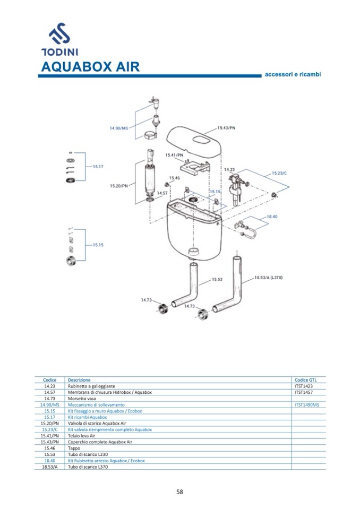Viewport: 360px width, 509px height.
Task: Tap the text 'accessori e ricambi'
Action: [x=293, y=74]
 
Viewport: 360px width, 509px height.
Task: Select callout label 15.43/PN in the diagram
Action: [x=227, y=128]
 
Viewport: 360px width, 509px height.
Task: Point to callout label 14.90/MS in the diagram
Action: [x=119, y=128]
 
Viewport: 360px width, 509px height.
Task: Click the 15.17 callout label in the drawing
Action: [x=98, y=166]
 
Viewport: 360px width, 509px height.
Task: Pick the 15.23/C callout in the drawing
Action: [x=279, y=173]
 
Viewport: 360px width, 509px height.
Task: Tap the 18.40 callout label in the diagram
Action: [x=272, y=217]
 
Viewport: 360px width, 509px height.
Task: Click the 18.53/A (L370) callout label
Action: [x=268, y=277]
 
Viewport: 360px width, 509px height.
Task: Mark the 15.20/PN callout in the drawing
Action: [x=119, y=186]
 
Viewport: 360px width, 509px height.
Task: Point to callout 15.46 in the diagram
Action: [x=175, y=178]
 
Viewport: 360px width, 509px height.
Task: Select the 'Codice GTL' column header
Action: [x=305, y=380]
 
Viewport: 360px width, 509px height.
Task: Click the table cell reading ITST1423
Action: [x=304, y=386]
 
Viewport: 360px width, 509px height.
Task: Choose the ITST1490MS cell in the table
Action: [x=306, y=404]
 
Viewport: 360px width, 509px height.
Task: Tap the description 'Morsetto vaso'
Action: [x=82, y=399]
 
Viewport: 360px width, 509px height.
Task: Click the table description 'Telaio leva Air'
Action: [x=81, y=435]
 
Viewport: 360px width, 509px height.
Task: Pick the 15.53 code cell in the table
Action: [x=50, y=454]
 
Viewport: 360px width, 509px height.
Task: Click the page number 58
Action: [x=179, y=491]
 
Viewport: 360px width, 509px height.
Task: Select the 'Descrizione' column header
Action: [x=79, y=380]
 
